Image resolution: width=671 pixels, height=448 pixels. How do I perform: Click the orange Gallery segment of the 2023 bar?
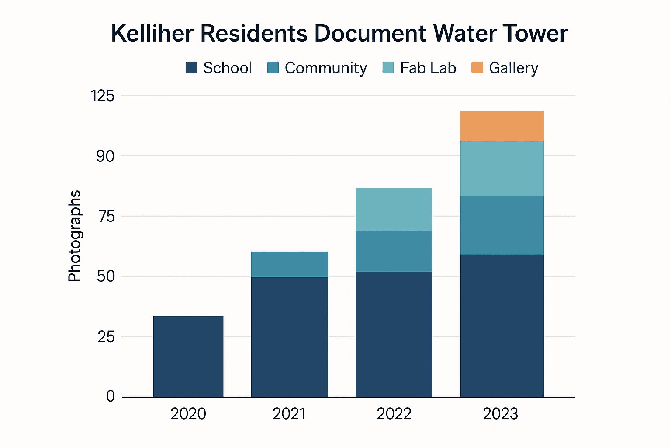coord(502,126)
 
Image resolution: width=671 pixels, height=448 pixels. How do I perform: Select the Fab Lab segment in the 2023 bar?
coord(502,168)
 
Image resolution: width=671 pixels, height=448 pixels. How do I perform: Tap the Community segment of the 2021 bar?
coord(289,264)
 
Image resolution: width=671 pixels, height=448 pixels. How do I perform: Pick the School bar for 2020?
coord(188,357)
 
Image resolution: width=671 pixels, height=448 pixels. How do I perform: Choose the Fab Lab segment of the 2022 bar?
coord(394,209)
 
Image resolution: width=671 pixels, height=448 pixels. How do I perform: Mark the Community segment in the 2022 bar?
coord(394,251)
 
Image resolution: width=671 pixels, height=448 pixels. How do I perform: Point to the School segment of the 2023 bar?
coord(502,326)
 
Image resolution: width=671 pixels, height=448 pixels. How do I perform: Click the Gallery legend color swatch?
coord(477,68)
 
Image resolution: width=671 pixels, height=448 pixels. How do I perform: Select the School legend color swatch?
coord(191,68)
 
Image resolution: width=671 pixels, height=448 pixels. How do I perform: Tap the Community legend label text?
coord(325,68)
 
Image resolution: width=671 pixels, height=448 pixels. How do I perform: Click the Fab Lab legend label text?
coord(428,68)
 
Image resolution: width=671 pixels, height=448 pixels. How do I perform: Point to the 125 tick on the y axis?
coord(102,95)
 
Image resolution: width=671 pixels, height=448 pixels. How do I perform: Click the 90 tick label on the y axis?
coord(105,156)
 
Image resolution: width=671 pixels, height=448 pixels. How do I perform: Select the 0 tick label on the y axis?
coord(111,396)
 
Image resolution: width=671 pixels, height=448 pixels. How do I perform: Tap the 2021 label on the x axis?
coord(289,414)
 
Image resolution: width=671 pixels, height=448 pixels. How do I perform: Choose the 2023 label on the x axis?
coord(501,414)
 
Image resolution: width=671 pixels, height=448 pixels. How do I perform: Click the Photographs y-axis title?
coord(75,236)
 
